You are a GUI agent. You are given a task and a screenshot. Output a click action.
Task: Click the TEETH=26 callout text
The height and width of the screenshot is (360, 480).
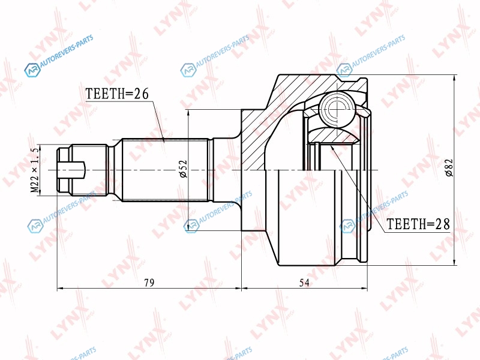117,94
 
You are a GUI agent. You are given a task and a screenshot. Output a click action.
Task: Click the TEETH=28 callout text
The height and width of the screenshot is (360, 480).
418,224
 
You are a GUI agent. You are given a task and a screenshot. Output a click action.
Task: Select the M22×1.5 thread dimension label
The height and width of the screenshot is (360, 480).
35,170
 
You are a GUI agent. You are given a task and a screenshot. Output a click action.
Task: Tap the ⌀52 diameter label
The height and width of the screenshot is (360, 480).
183,169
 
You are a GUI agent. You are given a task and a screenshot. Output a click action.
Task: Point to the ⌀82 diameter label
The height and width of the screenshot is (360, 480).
449,168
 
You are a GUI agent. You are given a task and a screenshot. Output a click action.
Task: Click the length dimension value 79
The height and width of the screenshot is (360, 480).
149,283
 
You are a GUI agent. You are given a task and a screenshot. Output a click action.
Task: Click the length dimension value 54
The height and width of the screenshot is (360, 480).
304,283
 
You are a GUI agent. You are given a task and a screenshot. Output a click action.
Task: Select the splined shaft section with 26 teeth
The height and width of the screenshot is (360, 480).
166,170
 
